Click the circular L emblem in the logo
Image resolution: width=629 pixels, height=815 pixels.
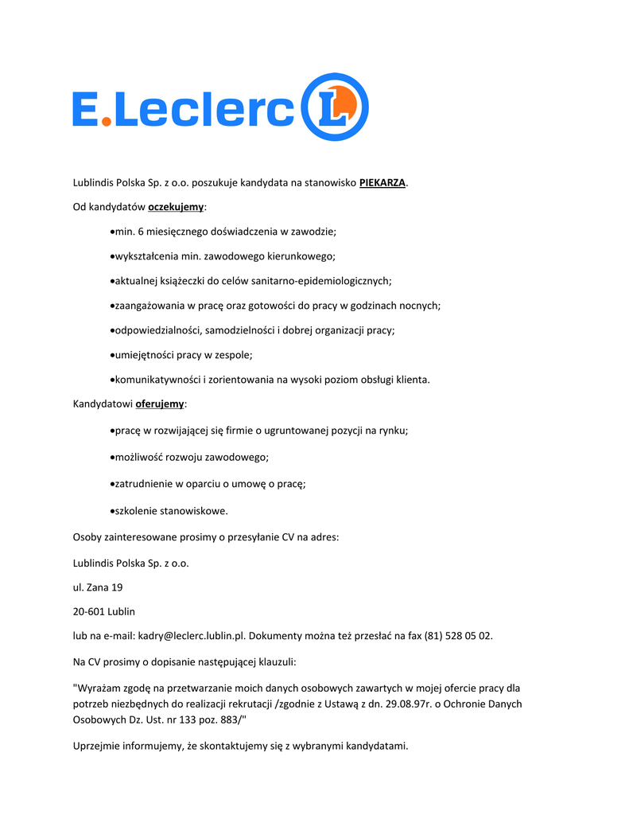(334, 107)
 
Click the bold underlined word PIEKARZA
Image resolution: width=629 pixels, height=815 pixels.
(382, 183)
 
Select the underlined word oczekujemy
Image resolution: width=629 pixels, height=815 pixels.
(176, 207)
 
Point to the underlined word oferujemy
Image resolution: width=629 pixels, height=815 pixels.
(160, 404)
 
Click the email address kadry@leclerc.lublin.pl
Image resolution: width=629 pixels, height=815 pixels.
(191, 636)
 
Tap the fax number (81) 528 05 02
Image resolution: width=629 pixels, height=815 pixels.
(457, 636)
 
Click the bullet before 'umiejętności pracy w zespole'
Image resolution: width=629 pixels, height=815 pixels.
(111, 355)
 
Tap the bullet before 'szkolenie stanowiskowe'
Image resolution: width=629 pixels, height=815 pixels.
(111, 511)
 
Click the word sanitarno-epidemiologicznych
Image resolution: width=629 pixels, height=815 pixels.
(321, 281)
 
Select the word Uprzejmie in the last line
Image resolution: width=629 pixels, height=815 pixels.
(97, 746)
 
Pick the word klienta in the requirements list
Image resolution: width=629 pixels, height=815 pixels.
(411, 380)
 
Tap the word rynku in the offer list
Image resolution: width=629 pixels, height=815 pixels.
(392, 431)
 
